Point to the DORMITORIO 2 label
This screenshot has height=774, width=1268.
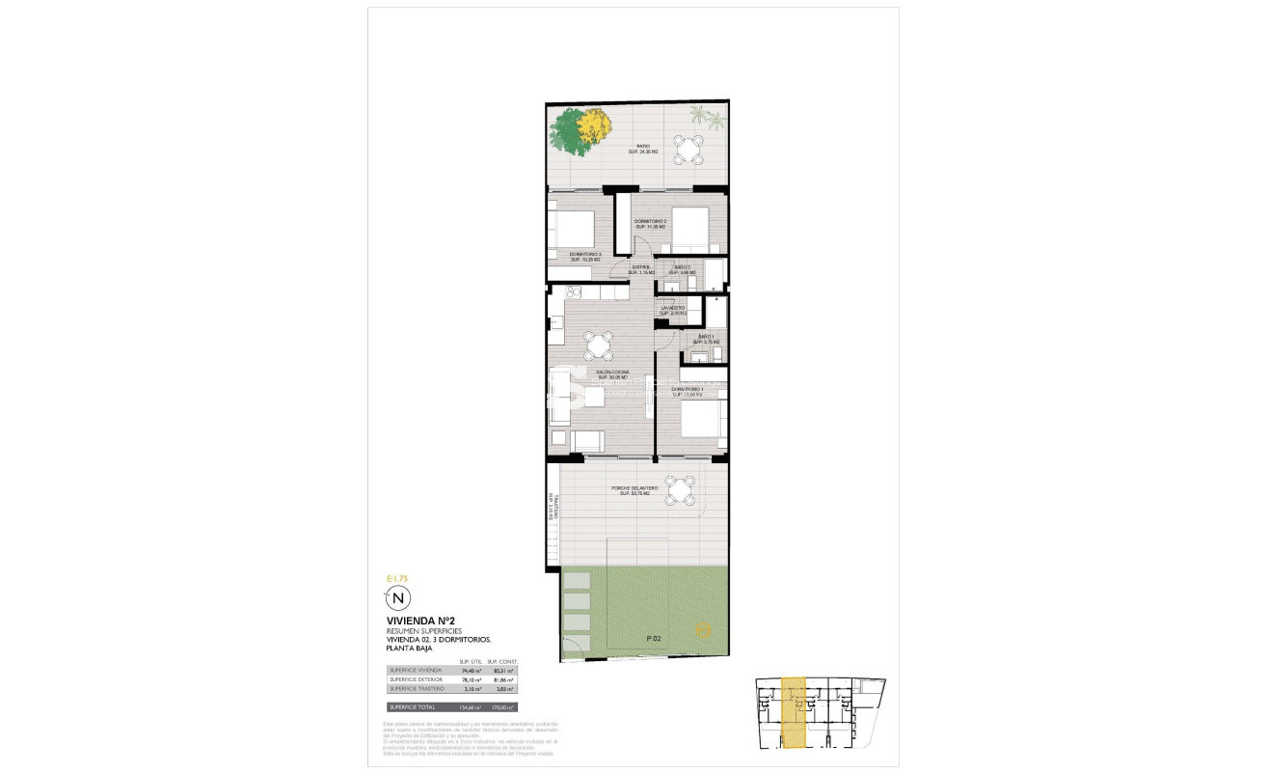651,223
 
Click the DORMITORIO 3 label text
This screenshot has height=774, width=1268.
586,257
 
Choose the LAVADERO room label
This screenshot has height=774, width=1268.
673,310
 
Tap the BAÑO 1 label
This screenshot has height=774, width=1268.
707,339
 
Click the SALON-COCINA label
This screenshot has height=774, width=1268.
612,373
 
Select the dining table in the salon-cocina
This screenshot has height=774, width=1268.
600,345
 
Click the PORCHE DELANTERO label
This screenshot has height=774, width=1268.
635,490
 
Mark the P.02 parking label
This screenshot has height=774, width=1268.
654,638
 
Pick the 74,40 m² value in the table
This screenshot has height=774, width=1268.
471,670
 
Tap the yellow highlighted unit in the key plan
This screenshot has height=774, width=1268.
794,713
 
